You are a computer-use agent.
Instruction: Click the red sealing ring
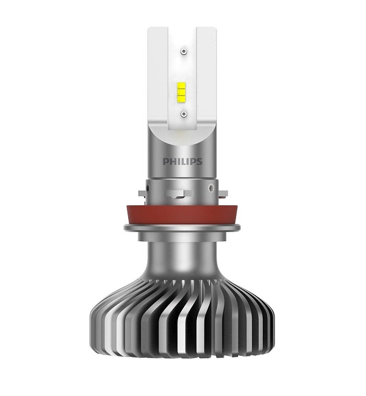[183, 213]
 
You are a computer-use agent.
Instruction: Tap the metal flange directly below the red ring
[183, 229]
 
